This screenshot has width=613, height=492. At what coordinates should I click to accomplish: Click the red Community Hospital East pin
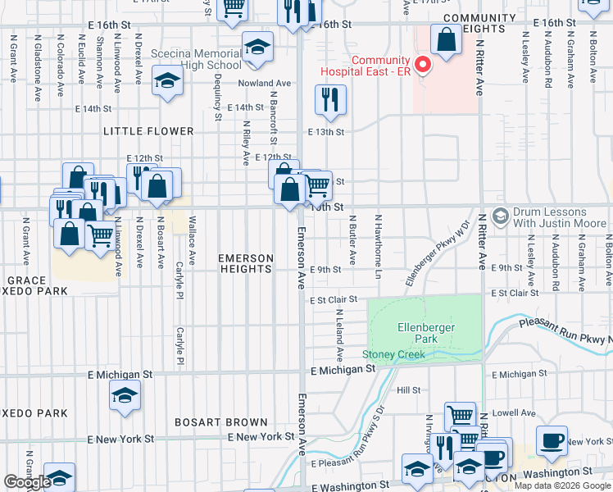[x=423, y=63]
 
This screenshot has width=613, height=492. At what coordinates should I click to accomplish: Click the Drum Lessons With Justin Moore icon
[x=500, y=216]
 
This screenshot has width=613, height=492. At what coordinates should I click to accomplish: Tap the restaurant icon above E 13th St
[x=330, y=100]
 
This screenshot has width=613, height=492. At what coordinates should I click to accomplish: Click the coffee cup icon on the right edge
[x=552, y=440]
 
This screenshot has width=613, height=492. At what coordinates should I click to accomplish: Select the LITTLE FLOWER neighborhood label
[x=148, y=131]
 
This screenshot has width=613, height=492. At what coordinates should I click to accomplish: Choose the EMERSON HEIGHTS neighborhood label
[x=245, y=262]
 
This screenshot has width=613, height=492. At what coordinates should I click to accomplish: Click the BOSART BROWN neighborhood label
[x=221, y=422]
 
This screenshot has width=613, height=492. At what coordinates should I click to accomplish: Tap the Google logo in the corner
[x=27, y=482]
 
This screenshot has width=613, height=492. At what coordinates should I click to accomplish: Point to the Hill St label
[x=409, y=390]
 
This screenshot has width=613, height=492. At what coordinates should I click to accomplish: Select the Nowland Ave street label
[x=265, y=84]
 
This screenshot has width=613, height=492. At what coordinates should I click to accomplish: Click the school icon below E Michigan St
[x=124, y=395]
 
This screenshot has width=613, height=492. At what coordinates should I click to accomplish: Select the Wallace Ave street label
[x=192, y=240]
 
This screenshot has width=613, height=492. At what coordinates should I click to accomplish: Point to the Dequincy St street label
[x=218, y=97]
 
